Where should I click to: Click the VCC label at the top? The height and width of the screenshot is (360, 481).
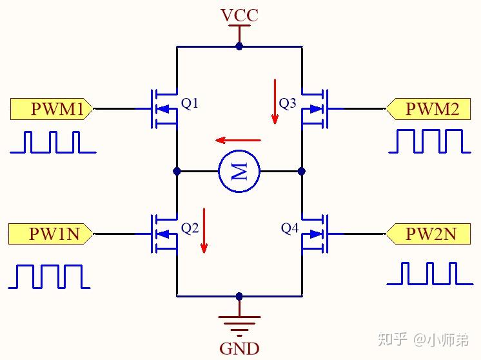pos(239,15)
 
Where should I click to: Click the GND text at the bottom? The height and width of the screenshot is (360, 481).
pos(239,349)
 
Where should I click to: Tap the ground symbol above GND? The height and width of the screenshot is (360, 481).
pos(239,323)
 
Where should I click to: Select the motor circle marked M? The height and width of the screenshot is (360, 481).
pos(239,172)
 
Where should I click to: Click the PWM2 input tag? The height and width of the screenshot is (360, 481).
pos(427,110)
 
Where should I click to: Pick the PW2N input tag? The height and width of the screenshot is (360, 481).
pos(427,234)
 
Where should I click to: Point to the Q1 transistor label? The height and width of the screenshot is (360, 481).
pos(190,103)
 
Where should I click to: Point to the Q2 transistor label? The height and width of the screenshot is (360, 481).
pos(190,228)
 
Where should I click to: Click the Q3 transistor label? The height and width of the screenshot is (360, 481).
pos(288,103)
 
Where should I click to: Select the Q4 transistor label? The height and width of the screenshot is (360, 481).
pos(290,228)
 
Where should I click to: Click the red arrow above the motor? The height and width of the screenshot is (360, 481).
pos(238,140)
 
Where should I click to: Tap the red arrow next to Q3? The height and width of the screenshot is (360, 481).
pos(275,101)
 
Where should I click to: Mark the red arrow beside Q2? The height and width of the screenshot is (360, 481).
pos(204,230)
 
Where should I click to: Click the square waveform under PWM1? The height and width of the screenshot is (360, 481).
pos(53,143)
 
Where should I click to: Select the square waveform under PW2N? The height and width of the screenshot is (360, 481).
pos(429,274)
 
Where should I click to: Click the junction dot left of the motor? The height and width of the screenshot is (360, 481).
pos(177,172)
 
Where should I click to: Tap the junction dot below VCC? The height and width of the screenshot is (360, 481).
pos(239,46)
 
